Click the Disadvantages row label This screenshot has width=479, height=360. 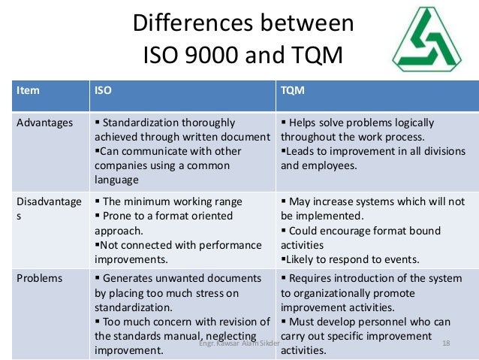44,207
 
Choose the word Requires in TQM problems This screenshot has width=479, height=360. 312,279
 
